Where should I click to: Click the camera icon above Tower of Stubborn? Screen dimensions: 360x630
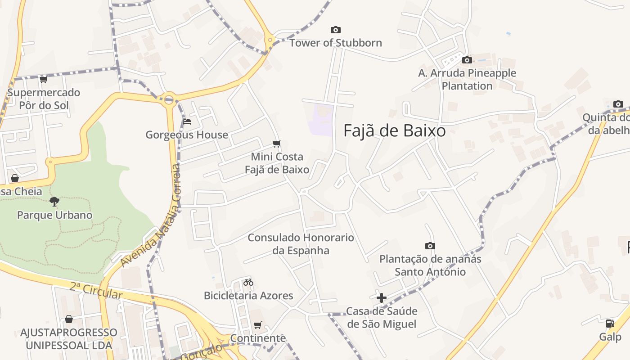[336, 30]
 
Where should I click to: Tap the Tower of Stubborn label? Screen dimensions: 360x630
[335, 43]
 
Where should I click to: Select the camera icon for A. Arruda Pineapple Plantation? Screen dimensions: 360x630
[467, 60]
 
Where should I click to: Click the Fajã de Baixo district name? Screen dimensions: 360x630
[395, 130]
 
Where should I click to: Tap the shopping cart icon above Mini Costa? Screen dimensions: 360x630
[277, 144]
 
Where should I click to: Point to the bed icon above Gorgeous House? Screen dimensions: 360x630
[187, 121]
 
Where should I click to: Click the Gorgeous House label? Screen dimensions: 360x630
[187, 135]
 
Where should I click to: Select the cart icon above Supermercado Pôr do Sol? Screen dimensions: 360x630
[43, 80]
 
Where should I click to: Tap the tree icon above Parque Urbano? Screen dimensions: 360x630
[54, 202]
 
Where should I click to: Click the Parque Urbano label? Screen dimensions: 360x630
[54, 215]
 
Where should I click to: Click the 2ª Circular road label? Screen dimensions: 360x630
[96, 290]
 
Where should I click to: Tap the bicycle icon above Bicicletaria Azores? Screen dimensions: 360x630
[248, 283]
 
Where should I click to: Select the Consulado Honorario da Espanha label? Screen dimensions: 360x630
[301, 244]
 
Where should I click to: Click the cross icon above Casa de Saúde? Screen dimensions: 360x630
[382, 298]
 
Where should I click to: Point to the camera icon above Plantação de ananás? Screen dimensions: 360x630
[430, 246]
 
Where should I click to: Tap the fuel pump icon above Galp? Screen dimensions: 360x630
[610, 323]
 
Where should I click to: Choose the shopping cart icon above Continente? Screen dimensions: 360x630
[258, 325]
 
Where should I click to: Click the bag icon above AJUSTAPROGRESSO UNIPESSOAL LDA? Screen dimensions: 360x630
[69, 319]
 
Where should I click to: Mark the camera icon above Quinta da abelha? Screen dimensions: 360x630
[618, 104]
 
